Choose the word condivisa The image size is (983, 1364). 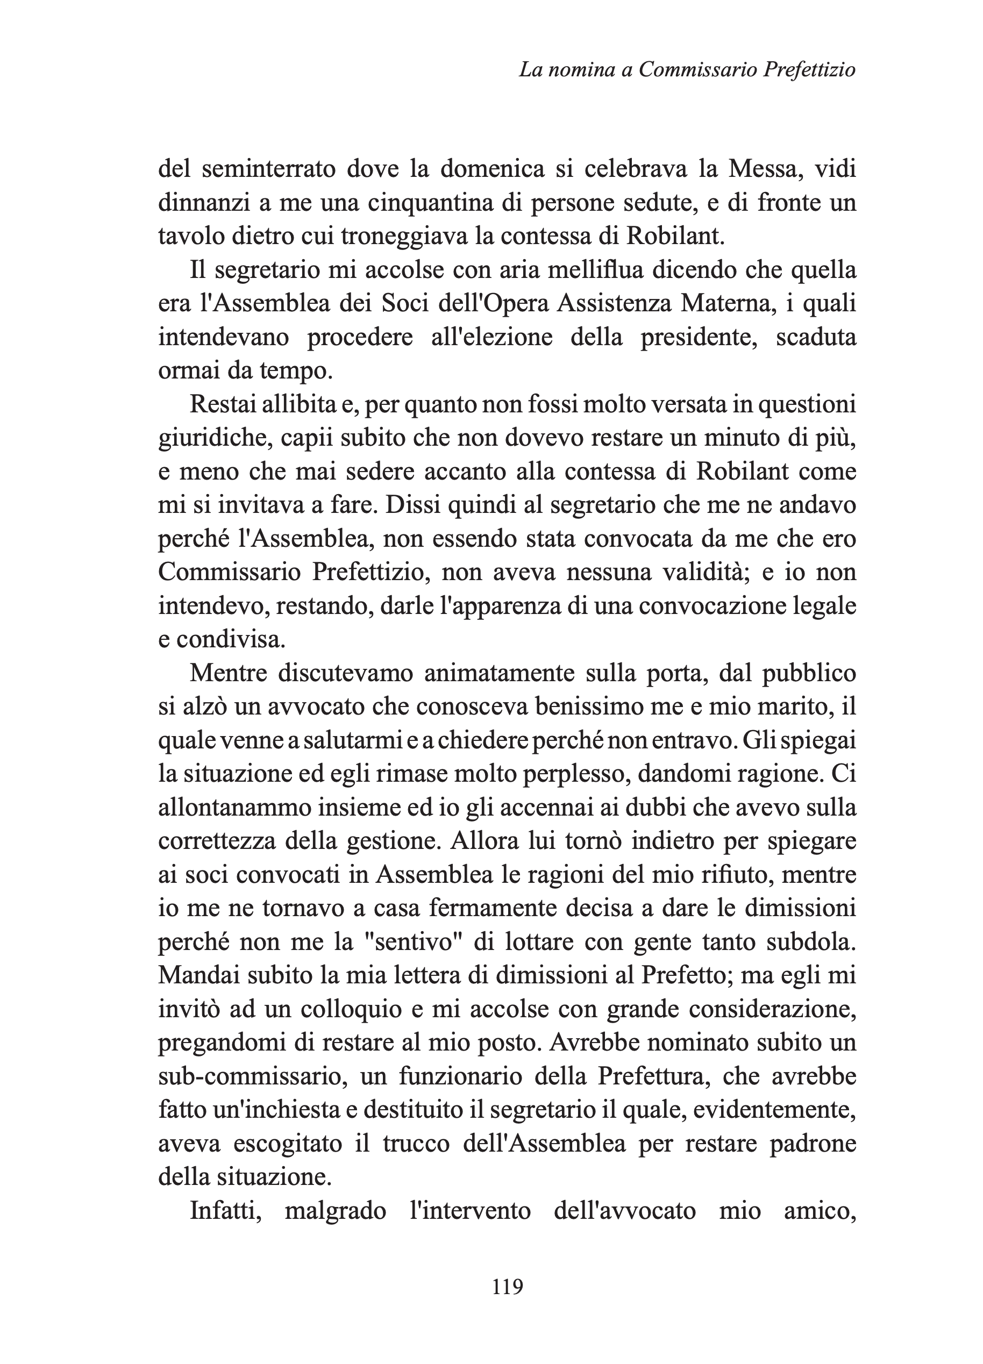click(230, 639)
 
